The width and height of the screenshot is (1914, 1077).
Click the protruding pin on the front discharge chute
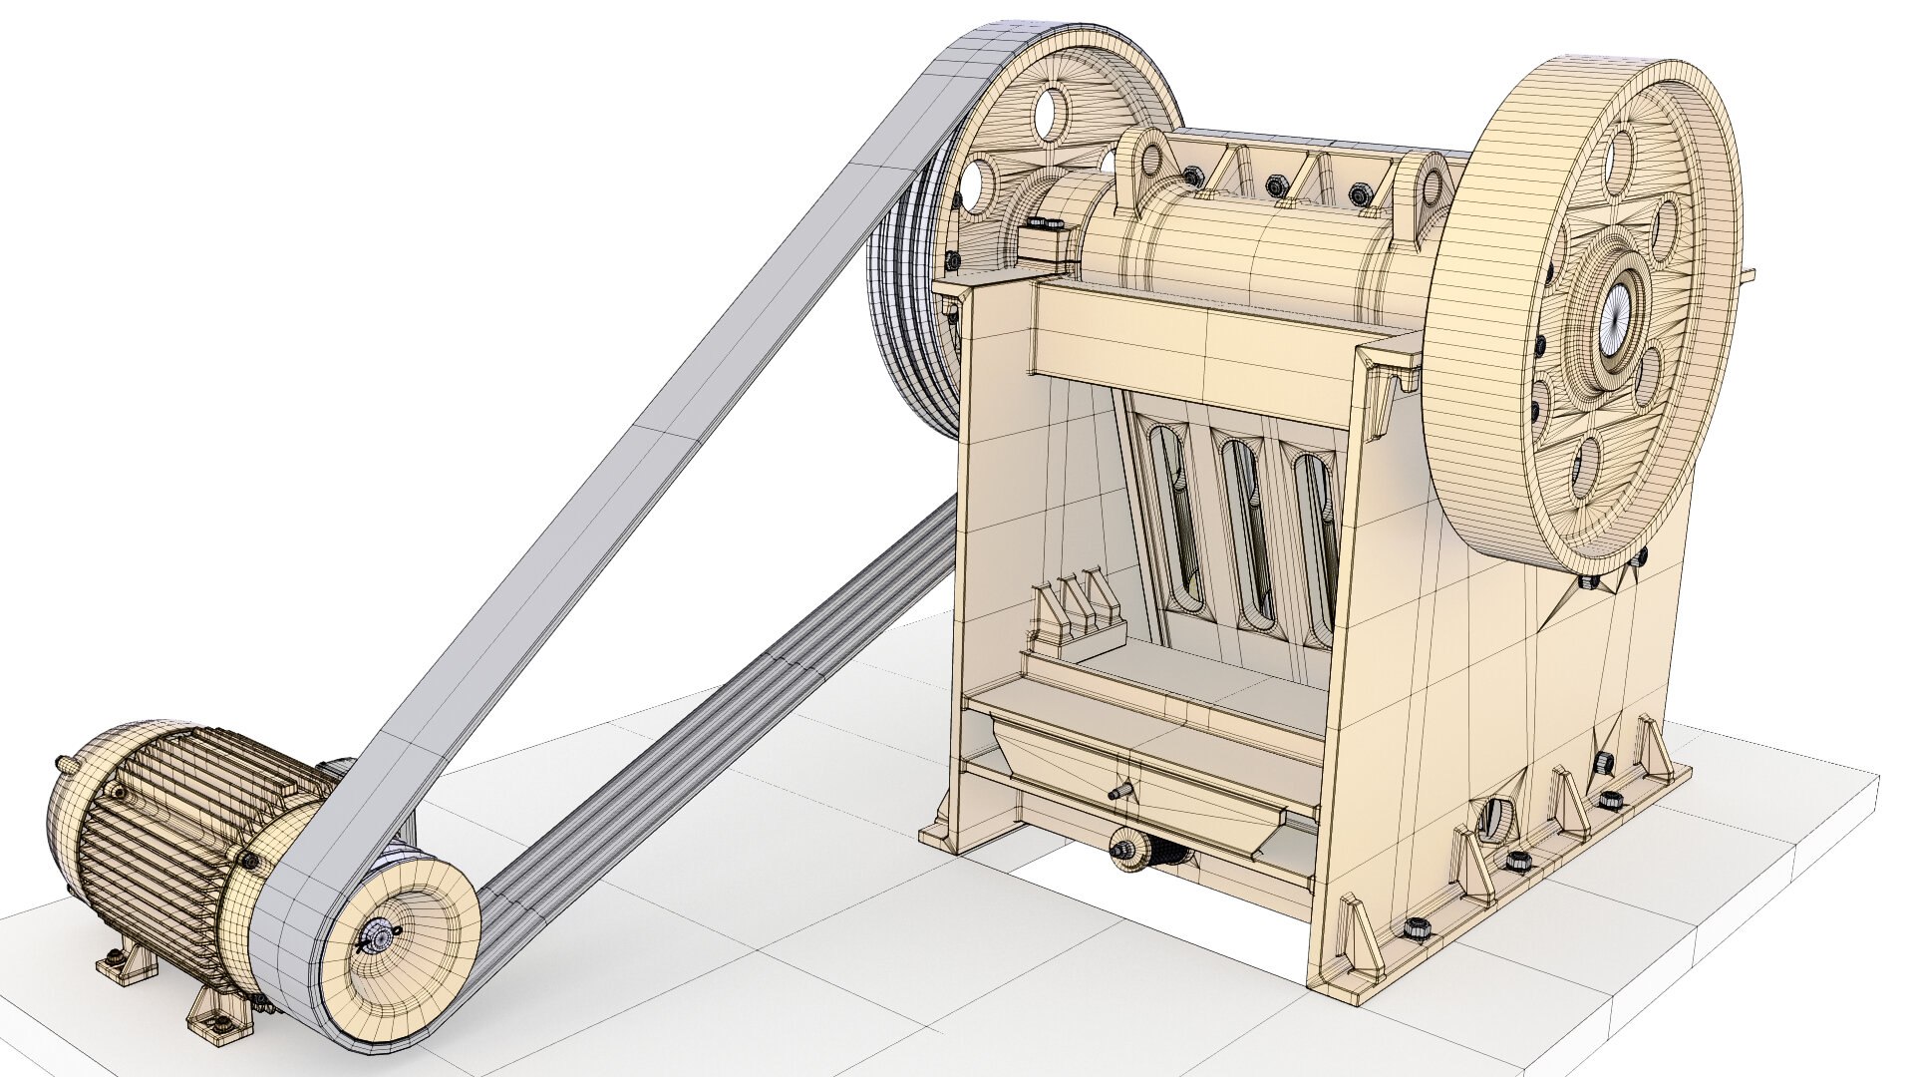(1118, 793)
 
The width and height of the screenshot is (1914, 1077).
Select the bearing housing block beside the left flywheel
(1047, 239)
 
